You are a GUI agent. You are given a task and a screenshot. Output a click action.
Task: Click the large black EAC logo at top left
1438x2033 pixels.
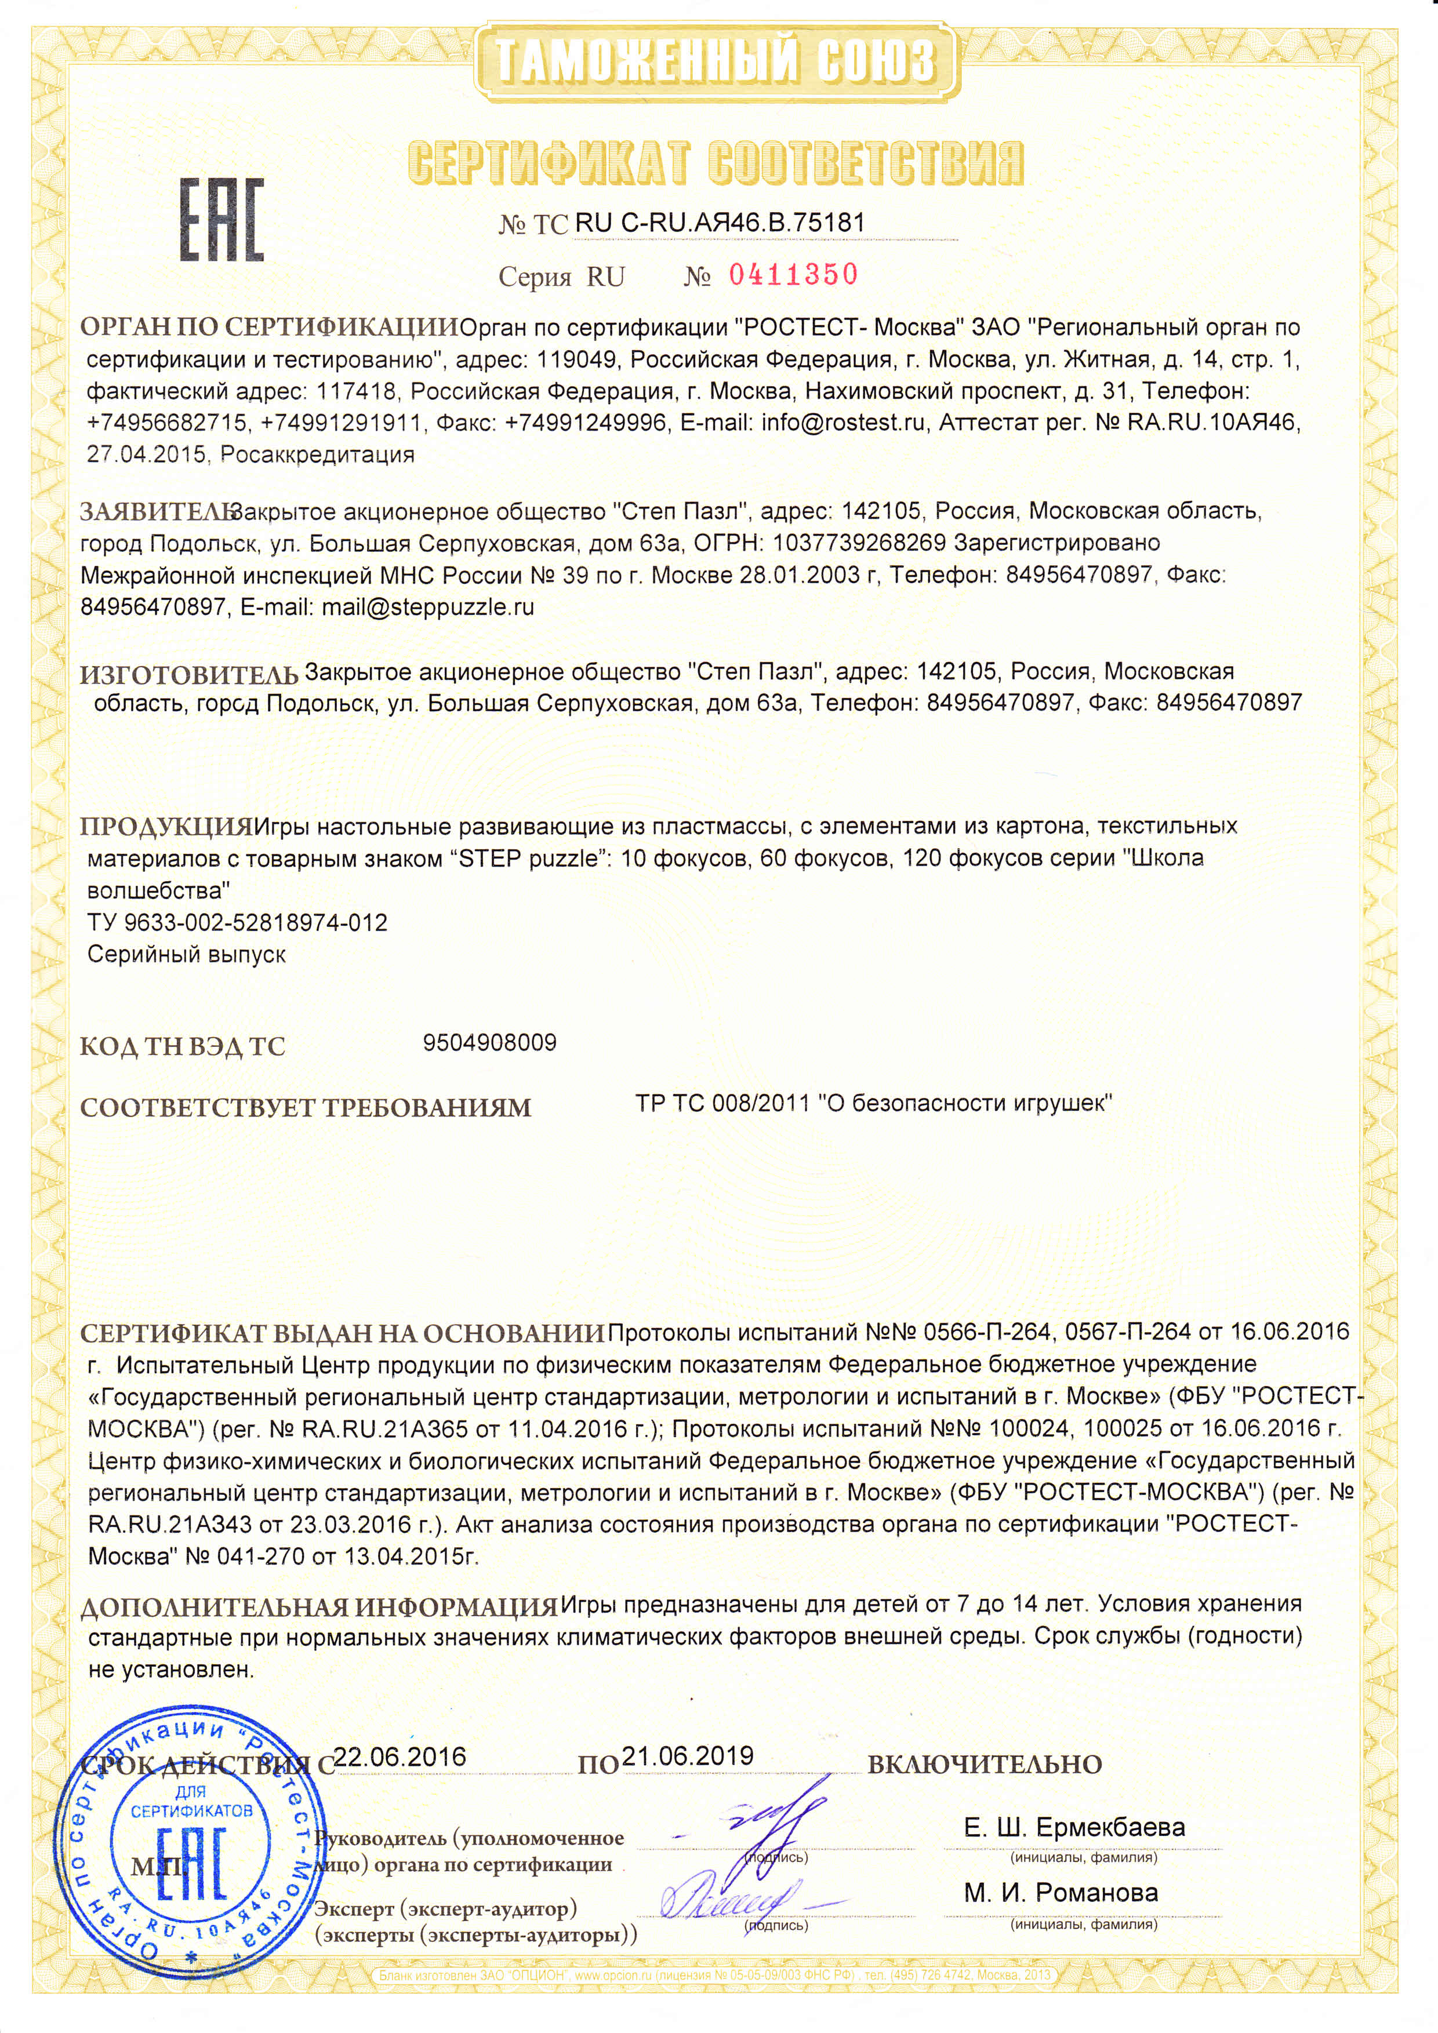pyautogui.click(x=222, y=220)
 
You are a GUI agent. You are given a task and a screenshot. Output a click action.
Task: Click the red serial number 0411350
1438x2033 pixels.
pyautogui.click(x=793, y=275)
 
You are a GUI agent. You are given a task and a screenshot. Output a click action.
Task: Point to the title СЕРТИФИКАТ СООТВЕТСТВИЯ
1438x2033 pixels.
pyautogui.click(x=716, y=164)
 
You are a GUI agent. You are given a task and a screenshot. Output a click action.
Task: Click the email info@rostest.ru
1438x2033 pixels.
pyautogui.click(x=843, y=423)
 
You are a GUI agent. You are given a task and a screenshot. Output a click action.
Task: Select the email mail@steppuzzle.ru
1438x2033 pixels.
pyautogui.click(x=428, y=608)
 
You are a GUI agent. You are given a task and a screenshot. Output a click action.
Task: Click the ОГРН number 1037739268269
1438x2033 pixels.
pyautogui.click(x=859, y=542)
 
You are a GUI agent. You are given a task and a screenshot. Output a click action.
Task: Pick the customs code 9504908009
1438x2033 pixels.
pyautogui.click(x=489, y=1042)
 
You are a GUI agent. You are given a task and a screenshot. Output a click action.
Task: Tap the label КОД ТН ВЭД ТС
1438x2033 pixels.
pyautogui.click(x=183, y=1046)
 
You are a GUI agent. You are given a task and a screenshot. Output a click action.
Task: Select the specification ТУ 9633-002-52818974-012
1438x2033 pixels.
pyautogui.click(x=237, y=923)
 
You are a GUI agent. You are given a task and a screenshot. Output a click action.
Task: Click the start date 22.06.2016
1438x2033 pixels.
pyautogui.click(x=401, y=1756)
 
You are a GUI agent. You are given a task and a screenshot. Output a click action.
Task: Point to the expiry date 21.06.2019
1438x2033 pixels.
pyautogui.click(x=688, y=1756)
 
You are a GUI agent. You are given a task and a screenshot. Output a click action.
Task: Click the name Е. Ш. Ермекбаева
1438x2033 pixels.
pyautogui.click(x=1074, y=1827)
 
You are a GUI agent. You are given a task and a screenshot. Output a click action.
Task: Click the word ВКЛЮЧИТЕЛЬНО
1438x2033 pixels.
pyautogui.click(x=984, y=1765)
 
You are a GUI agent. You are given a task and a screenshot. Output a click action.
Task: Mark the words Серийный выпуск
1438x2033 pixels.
pyautogui.click(x=187, y=955)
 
